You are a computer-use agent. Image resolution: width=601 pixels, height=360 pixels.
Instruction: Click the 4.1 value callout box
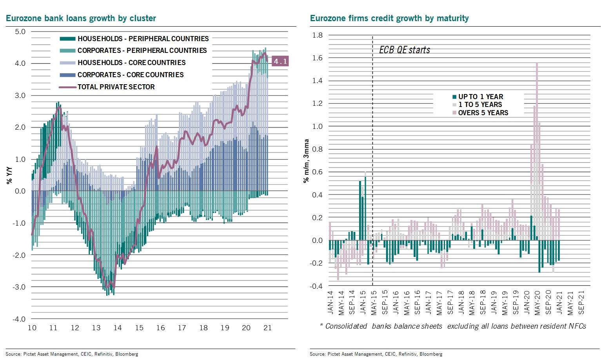280,61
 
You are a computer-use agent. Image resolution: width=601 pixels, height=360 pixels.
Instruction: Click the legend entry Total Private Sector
116,87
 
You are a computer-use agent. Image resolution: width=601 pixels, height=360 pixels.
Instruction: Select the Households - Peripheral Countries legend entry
143,39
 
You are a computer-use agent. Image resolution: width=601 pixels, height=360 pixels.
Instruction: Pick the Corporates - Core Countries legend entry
130,75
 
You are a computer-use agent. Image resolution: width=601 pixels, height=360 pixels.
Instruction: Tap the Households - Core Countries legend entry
131,63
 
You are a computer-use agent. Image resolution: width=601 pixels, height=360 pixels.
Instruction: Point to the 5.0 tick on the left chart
20,32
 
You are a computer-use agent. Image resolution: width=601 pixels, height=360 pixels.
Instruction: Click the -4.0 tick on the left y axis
19,319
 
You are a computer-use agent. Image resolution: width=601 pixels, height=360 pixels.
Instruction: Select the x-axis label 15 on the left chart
139,328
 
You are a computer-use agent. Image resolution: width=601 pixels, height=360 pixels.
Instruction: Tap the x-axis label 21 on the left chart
267,328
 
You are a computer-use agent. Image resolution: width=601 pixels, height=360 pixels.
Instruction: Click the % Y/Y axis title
10,175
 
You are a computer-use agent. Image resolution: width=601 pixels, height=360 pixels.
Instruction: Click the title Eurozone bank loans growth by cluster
81,18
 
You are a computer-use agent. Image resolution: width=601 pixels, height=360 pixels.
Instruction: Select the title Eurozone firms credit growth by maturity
389,18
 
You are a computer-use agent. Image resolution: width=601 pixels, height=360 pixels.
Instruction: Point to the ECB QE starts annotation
405,50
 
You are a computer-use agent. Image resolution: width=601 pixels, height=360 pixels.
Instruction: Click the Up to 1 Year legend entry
480,97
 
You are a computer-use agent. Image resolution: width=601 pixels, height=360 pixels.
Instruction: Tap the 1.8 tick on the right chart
318,35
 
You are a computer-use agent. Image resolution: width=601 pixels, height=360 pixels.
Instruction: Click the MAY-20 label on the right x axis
537,302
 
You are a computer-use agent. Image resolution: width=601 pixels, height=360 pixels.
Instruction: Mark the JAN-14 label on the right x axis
330,302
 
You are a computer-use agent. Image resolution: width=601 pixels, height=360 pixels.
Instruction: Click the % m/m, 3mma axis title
306,161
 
